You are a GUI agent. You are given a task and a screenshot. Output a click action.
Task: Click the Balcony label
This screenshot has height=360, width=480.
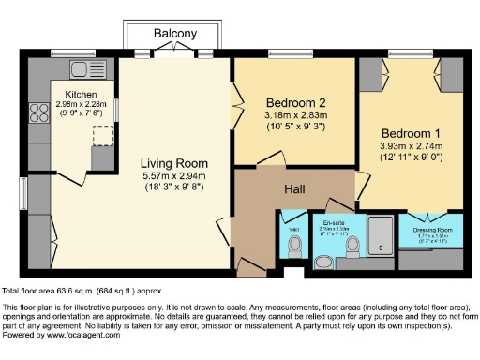coord(175,34)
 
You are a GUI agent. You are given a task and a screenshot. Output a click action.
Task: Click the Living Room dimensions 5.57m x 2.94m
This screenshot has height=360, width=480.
coord(173,175)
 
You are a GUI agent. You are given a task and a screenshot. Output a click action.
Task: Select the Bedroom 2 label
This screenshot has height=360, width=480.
coord(295,102)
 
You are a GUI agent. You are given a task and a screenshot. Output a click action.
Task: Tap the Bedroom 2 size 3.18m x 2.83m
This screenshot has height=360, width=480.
coord(295,115)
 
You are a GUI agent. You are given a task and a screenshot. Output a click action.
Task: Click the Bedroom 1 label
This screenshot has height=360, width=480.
coord(413,134)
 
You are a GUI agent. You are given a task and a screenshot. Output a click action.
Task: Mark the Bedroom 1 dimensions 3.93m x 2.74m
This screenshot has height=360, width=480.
coord(413,147)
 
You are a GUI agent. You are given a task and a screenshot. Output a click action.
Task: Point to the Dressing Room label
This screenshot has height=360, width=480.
coord(432,230)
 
